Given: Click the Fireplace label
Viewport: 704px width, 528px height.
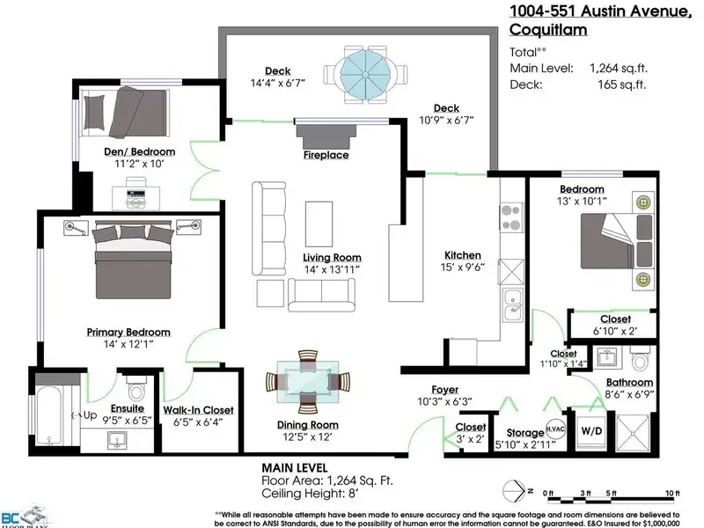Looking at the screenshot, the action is point(326,155).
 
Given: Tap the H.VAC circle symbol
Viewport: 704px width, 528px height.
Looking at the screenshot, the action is point(555,429).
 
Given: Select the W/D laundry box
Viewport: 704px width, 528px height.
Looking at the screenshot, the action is point(591,432).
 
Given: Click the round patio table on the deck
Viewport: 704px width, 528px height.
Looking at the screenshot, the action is point(365,74).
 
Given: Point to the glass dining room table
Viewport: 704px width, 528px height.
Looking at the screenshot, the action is point(308,382).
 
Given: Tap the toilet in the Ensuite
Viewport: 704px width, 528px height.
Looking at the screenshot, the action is point(137,389).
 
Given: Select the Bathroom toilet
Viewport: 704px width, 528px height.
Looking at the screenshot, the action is point(640,358).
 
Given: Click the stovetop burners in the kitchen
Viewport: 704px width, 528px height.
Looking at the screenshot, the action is point(512,217).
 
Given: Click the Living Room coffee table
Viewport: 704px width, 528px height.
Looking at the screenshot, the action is point(319,224).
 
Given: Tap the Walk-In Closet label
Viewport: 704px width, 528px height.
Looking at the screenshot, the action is point(199,410).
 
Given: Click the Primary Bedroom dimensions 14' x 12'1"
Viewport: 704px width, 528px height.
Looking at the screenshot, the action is point(128,344).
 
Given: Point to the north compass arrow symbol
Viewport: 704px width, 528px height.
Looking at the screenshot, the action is point(514,492).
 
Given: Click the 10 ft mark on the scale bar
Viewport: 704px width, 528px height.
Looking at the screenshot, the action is point(672,493).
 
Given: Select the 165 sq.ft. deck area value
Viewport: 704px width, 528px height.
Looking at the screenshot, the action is point(621,84).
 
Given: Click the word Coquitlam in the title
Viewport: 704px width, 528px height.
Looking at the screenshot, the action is point(548,30).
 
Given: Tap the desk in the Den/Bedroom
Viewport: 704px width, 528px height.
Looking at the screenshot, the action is point(136,198).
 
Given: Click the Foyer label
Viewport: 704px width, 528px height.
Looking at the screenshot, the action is point(445,390).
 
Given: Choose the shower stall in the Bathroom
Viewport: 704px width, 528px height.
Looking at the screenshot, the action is point(633,433).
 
